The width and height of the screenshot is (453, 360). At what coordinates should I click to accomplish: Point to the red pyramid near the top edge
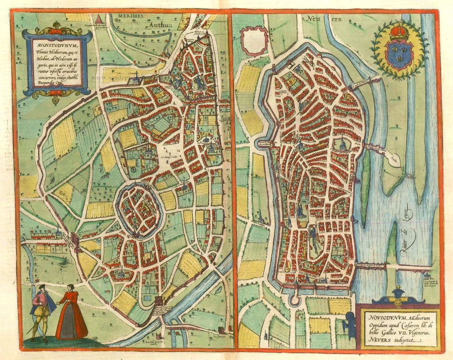[99, 19]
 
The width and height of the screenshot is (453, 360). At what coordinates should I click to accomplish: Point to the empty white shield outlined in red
[254, 40]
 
